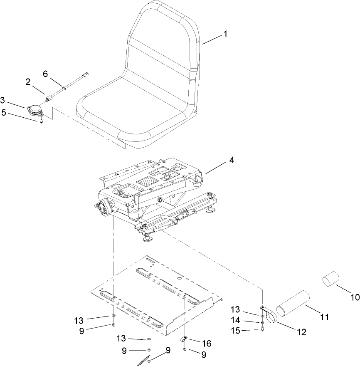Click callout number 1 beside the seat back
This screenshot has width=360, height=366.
coord(225,34)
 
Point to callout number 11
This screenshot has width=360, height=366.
coord(325,317)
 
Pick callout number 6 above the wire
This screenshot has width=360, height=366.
coord(46,74)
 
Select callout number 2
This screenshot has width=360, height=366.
coord(28,82)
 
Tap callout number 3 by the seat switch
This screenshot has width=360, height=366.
coord(3,100)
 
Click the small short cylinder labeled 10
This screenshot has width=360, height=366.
coord(331,279)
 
